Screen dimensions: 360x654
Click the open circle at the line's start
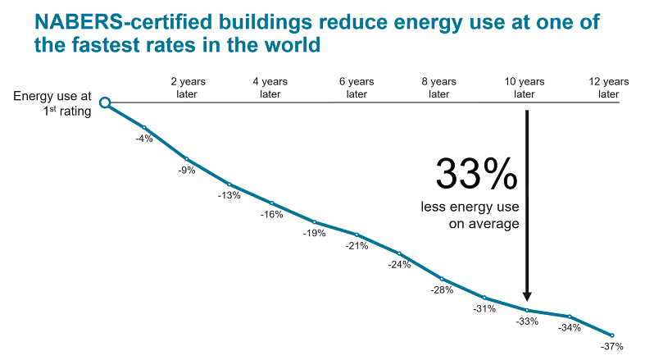pos(105,103)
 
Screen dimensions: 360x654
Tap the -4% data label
pos(144,139)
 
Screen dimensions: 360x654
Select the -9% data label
pos(187,171)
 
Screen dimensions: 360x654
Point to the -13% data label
pos(229,195)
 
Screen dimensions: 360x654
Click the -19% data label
pos(315,233)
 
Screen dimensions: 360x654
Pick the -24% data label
pos(399,264)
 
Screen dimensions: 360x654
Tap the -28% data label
pos(442,289)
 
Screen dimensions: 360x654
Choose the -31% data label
pos(484,309)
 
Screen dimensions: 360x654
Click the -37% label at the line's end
pos(611,347)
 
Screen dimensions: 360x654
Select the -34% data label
pos(569,328)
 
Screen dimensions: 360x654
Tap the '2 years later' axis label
pos(186,88)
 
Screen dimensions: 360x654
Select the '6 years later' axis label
pos(356,88)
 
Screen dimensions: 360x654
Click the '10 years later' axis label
pos(524,88)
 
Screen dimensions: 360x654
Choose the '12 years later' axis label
pos(608,88)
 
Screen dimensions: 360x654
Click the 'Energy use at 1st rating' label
pos(51,104)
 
